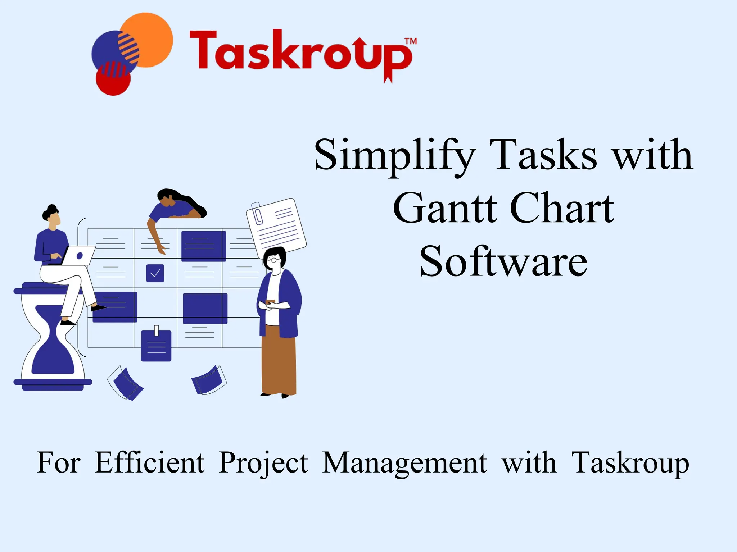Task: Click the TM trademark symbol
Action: pyautogui.click(x=411, y=41)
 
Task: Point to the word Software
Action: pyautogui.click(x=503, y=261)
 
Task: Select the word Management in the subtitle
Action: pyautogui.click(x=404, y=463)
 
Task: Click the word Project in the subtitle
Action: pyautogui.click(x=263, y=463)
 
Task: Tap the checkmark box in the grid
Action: pyautogui.click(x=155, y=273)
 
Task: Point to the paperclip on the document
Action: pyautogui.click(x=258, y=214)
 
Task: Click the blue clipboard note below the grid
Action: pyautogui.click(x=156, y=346)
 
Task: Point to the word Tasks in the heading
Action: pyautogui.click(x=543, y=156)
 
